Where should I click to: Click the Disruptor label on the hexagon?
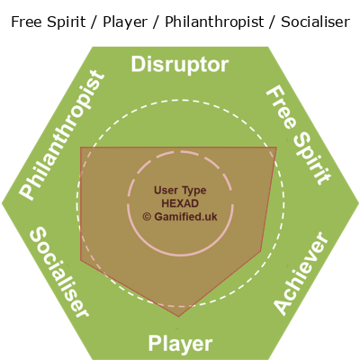(x=180, y=65)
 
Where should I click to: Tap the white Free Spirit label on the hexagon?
(x=299, y=135)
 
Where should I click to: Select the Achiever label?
(x=301, y=273)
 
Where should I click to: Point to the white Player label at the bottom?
(x=180, y=344)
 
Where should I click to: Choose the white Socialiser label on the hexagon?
(x=59, y=272)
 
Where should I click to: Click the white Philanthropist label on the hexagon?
(x=62, y=135)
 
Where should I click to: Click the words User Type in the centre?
(x=180, y=190)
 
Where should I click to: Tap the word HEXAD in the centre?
(x=180, y=203)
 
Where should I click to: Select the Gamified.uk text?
(x=185, y=217)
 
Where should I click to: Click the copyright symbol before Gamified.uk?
(x=147, y=217)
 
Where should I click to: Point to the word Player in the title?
(x=125, y=22)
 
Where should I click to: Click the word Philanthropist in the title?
(x=214, y=22)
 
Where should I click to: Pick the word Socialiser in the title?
(x=315, y=22)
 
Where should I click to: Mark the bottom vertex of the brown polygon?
(x=179, y=317)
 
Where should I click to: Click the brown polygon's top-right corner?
(x=276, y=148)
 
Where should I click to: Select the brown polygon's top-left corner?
(x=81, y=148)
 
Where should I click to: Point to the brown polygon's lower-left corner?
(x=81, y=260)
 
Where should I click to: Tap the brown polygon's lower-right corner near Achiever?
(x=261, y=251)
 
